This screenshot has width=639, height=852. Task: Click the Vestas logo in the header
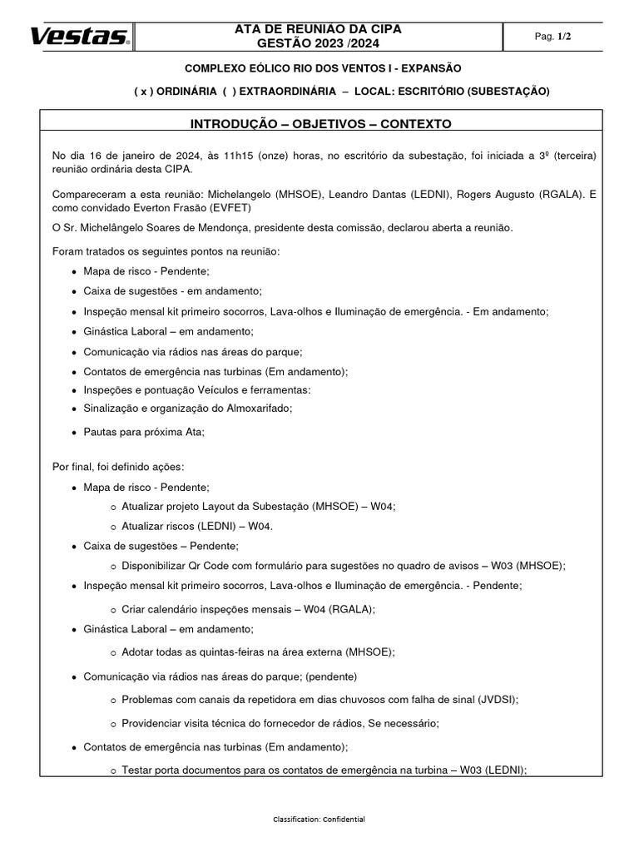pyautogui.click(x=80, y=36)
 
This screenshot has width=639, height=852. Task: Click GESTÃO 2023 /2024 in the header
pyautogui.click(x=318, y=44)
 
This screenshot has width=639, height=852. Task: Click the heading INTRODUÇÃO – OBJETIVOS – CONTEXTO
pyautogui.click(x=320, y=124)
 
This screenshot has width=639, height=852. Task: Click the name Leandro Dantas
pyautogui.click(x=367, y=194)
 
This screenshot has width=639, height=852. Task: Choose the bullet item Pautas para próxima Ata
pyautogui.click(x=143, y=432)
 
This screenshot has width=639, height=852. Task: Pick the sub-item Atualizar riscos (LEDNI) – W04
pyautogui.click(x=197, y=526)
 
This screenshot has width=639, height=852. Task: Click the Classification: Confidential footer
pyautogui.click(x=319, y=820)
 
